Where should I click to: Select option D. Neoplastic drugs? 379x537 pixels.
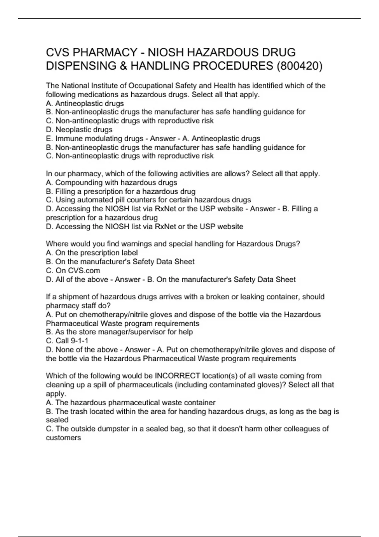tap(79, 130)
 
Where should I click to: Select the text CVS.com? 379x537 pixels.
tap(84, 270)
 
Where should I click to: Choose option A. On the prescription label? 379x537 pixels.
tap(92, 253)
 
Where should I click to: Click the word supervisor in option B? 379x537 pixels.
tap(155, 332)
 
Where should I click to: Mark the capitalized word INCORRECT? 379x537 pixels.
tap(177, 376)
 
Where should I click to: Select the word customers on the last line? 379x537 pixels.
tap(63, 438)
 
